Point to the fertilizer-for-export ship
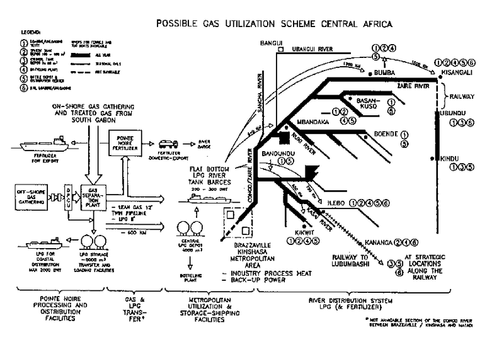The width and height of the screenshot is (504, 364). [40, 143]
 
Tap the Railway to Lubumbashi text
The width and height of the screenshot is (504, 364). [349, 261]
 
